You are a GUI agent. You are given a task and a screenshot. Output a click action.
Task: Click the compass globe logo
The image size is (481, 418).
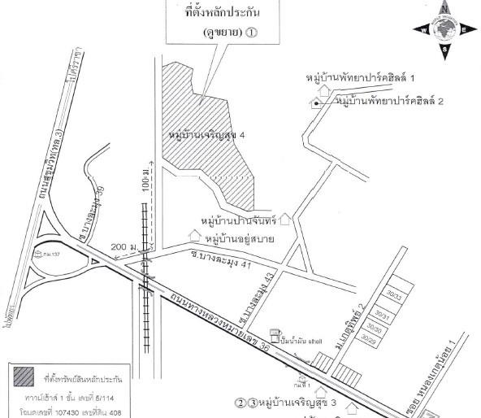coord(445,30)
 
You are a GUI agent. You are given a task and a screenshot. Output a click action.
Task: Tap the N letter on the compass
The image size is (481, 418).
coord(446,7)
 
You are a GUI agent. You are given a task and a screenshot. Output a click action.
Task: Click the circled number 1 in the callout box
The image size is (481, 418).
coord(251,35)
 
